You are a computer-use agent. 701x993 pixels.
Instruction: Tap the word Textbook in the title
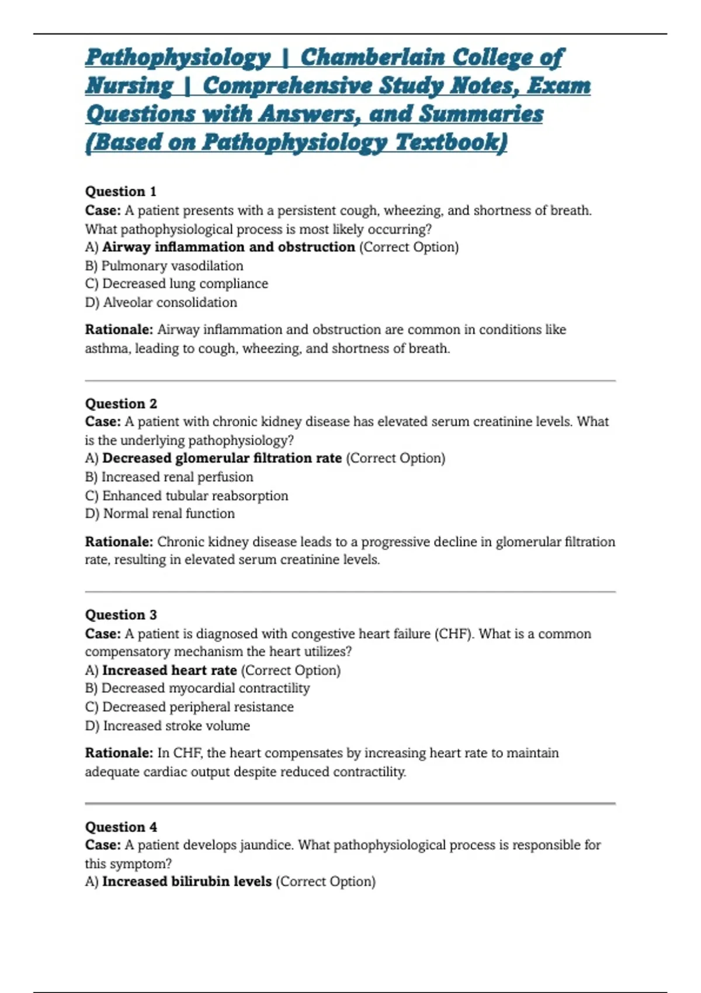point(451,142)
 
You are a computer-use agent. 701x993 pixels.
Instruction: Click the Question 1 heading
point(121,192)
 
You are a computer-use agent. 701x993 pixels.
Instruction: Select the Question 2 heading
point(121,404)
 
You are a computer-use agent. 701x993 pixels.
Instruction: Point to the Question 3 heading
point(121,615)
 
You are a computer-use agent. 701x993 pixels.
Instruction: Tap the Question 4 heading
point(121,827)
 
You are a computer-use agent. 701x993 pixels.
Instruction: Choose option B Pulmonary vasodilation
point(164,266)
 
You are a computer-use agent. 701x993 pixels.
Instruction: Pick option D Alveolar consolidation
point(161,303)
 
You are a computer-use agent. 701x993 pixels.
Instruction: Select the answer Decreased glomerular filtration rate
point(222,459)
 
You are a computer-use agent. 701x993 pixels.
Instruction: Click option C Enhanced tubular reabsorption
point(187,496)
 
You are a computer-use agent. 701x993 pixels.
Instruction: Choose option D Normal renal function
point(160,514)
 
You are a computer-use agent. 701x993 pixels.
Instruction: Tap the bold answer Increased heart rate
point(169,671)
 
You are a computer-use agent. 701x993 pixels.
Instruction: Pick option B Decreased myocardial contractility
point(197,689)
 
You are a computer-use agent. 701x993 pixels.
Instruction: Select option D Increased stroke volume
point(168,726)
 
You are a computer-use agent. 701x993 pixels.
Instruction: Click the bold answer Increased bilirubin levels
point(187,881)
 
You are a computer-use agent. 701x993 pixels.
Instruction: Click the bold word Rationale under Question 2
point(119,542)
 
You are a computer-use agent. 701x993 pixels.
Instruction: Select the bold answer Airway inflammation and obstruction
point(228,247)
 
